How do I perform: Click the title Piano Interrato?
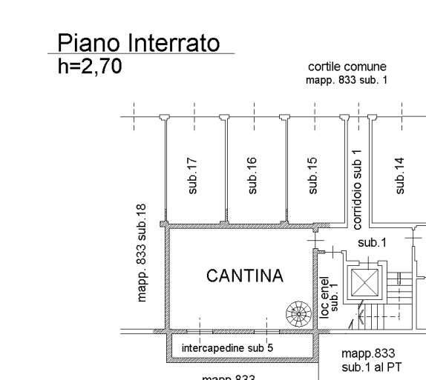tap(139, 42)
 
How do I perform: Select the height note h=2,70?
tap(90, 67)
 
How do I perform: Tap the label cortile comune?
tap(347, 67)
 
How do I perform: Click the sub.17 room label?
tap(193, 175)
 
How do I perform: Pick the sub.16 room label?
tap(252, 175)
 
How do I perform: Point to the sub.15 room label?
tap(312, 175)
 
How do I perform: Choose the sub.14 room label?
tap(400, 175)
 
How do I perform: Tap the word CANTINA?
tap(244, 276)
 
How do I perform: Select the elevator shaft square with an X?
tap(364, 284)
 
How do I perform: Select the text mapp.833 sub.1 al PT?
tap(368, 360)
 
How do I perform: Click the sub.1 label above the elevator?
tap(372, 242)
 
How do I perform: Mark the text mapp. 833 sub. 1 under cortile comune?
tap(347, 80)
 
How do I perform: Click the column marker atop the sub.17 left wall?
tap(164, 117)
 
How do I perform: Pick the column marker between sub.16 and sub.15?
tap(284, 117)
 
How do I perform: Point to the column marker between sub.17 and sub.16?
tap(224, 117)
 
